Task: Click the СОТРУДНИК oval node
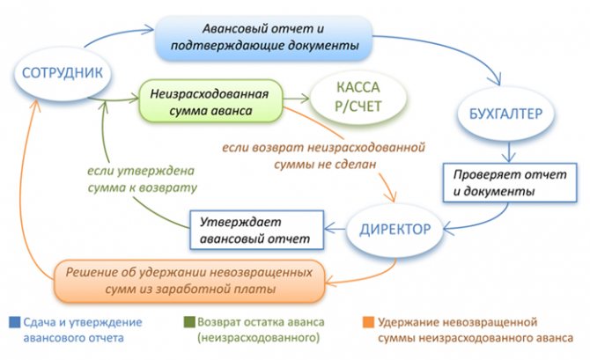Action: (x=63, y=73)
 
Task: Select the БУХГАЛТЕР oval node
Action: (x=505, y=114)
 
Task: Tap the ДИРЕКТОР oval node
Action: (x=395, y=229)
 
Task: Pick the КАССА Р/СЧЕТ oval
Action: (x=358, y=98)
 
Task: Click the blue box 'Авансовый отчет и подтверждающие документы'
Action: (x=264, y=37)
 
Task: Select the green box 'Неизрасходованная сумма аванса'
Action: (x=210, y=101)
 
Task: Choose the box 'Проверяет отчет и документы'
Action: (x=510, y=183)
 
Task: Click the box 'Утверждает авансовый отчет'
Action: (x=256, y=230)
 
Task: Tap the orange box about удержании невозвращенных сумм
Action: (x=189, y=281)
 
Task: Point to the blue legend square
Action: (x=15, y=323)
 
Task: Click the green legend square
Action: (x=189, y=322)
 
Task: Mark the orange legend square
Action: (x=368, y=322)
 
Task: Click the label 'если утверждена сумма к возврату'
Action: (x=142, y=179)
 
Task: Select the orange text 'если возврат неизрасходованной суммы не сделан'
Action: (x=323, y=156)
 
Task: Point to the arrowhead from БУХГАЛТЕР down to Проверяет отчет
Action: (x=509, y=158)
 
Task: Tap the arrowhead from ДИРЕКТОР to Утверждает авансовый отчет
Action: (x=329, y=228)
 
